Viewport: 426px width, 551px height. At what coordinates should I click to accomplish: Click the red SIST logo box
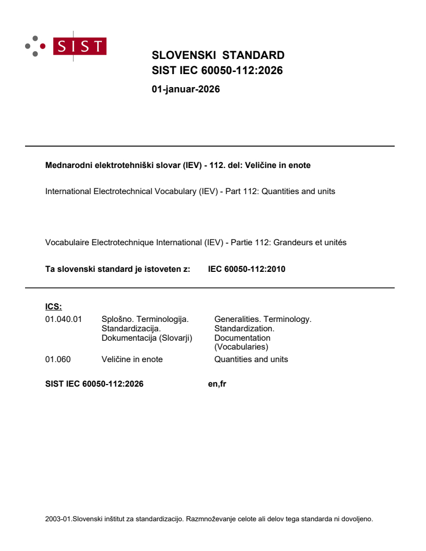pyautogui.click(x=81, y=46)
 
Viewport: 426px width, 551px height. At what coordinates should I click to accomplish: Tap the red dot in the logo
pyautogui.click(x=43, y=46)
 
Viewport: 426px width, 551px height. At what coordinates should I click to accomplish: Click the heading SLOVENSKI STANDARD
pyautogui.click(x=218, y=55)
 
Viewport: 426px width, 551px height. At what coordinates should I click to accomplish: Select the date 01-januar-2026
pyautogui.click(x=185, y=89)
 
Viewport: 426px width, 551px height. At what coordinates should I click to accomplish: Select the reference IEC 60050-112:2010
pyautogui.click(x=246, y=270)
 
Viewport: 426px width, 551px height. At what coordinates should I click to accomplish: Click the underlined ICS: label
pyautogui.click(x=53, y=307)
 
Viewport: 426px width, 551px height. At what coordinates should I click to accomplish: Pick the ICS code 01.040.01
pyautogui.click(x=64, y=319)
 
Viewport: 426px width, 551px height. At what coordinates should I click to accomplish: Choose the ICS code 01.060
pyautogui.click(x=58, y=359)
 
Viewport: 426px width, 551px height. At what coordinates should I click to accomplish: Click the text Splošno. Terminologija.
pyautogui.click(x=145, y=319)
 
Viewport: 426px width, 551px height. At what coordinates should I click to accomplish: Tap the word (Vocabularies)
pyautogui.click(x=241, y=346)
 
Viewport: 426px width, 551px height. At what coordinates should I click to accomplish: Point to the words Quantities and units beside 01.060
pyautogui.click(x=251, y=359)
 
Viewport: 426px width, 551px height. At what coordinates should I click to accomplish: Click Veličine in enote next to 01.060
pyautogui.click(x=132, y=359)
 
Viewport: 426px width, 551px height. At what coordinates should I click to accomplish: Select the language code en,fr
pyautogui.click(x=217, y=385)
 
